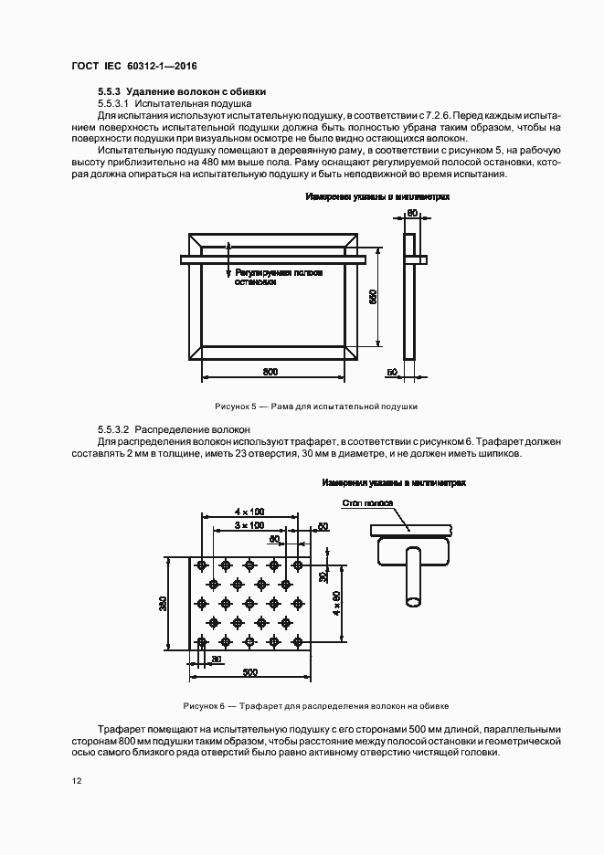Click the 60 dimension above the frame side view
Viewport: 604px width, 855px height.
click(x=411, y=212)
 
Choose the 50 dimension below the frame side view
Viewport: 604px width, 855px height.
click(x=392, y=374)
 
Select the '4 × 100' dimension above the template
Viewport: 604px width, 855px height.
click(x=249, y=512)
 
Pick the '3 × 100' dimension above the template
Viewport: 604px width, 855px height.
click(x=249, y=526)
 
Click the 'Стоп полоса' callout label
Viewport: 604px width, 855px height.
click(x=367, y=503)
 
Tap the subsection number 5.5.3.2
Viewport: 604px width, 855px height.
click(x=115, y=428)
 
